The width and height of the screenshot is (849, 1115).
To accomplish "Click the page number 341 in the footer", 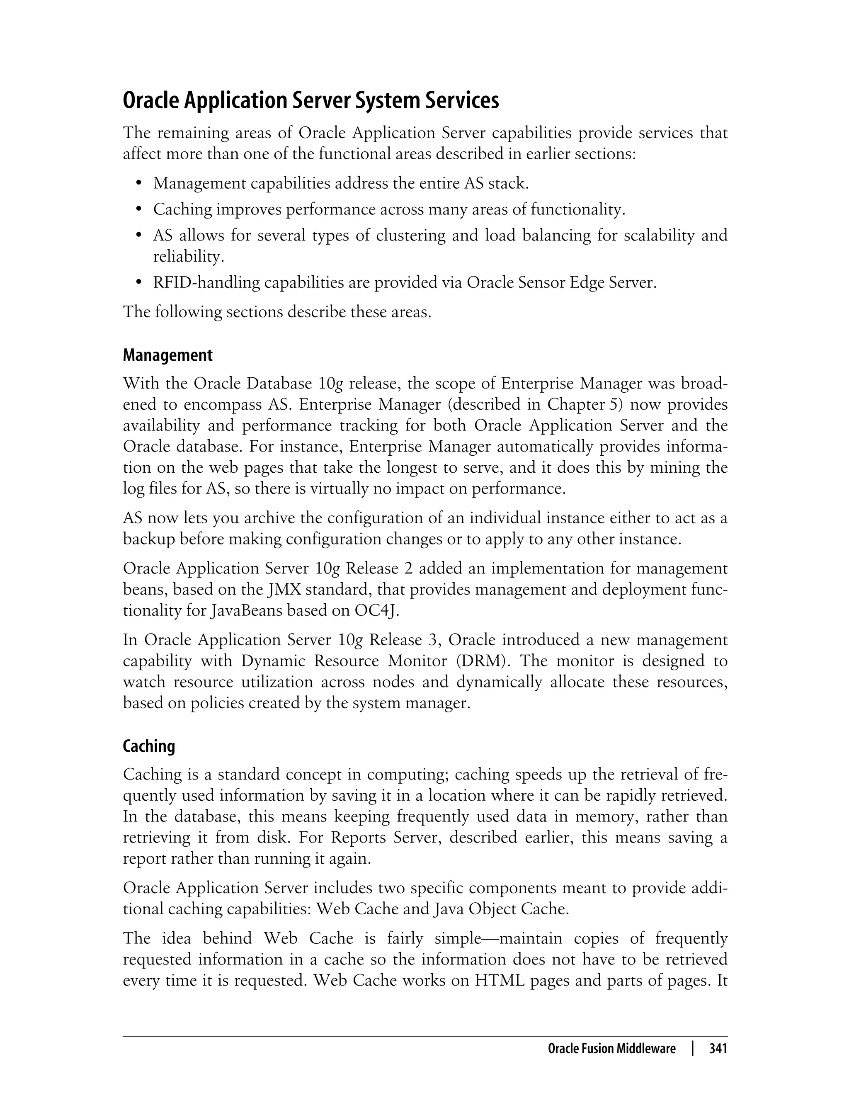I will (718, 1049).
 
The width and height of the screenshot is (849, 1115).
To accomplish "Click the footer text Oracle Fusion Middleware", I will (611, 1049).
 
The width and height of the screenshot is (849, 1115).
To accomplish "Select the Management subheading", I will (168, 355).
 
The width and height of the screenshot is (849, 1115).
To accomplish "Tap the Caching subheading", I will (149, 746).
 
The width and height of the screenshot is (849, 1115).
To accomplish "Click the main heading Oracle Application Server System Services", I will (311, 101).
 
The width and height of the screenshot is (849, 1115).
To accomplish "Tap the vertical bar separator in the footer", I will (693, 1049).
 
